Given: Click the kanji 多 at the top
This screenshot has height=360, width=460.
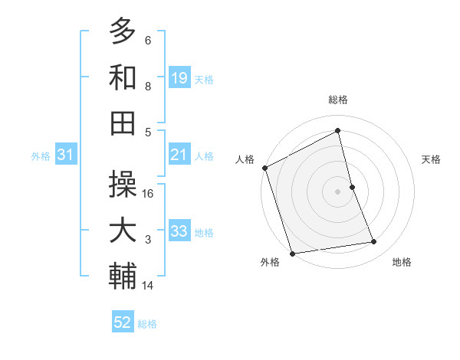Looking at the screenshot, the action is pos(123,31).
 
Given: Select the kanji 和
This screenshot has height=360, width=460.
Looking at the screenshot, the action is pos(123,77).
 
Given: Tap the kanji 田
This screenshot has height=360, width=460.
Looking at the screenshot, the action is pos(123,123).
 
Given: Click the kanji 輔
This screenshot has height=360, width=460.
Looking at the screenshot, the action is pos(123,277).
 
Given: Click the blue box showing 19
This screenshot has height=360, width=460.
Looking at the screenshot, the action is pos(179,77).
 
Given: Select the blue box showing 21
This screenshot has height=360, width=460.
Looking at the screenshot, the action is pos(179,155).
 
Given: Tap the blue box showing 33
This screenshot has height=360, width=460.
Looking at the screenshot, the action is pos(179,231).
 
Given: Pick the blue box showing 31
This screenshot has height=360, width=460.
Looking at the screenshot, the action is pos(66,155).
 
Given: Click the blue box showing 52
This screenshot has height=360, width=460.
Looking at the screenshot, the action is pos(123,322).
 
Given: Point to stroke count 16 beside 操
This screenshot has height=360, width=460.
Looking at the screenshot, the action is pos(149,193).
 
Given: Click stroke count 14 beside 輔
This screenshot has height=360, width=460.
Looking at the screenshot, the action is pos(149,286).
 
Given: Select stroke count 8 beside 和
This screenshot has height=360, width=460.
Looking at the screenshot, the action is pos(148,87).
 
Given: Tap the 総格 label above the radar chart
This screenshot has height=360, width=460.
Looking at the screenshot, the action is pos(338,100).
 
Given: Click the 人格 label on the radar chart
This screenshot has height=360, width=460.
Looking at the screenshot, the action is pos(245,159).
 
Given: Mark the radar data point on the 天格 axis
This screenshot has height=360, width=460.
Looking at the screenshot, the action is pos(352,187).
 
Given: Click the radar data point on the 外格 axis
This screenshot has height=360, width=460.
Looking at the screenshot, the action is pos(292,254).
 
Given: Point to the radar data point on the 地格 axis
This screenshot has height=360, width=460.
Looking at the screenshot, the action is pos(374,242).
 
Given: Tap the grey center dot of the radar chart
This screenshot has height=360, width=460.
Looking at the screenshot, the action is pos(338,191).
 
